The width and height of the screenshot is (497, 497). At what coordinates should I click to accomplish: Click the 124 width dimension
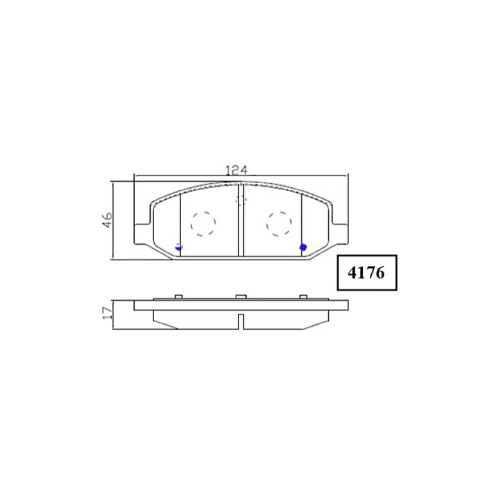click(x=236, y=170)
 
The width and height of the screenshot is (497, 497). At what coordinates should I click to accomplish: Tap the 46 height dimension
click(x=107, y=220)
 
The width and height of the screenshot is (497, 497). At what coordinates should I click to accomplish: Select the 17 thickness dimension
click(x=107, y=312)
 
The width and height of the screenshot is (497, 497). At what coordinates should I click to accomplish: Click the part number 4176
click(x=366, y=272)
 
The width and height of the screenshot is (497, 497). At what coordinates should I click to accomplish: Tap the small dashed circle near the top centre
click(x=241, y=200)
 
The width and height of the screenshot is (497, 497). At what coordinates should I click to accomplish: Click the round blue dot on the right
click(x=303, y=247)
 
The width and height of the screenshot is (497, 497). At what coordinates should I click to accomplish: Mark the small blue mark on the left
click(x=179, y=247)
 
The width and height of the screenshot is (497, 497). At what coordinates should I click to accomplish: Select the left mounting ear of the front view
click(x=142, y=234)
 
